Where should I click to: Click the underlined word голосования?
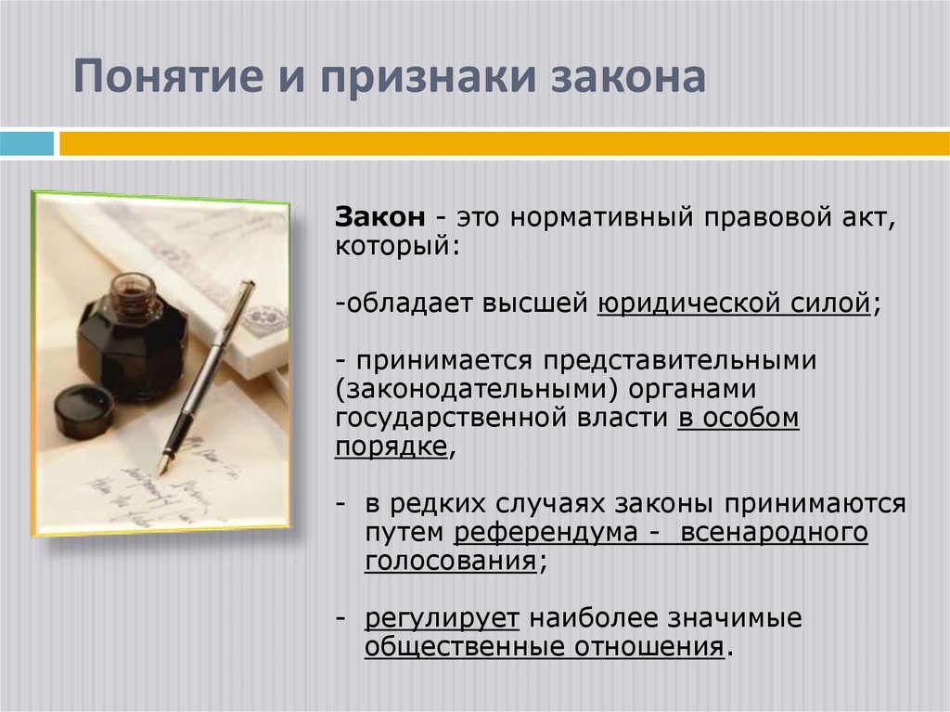click(x=450, y=563)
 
